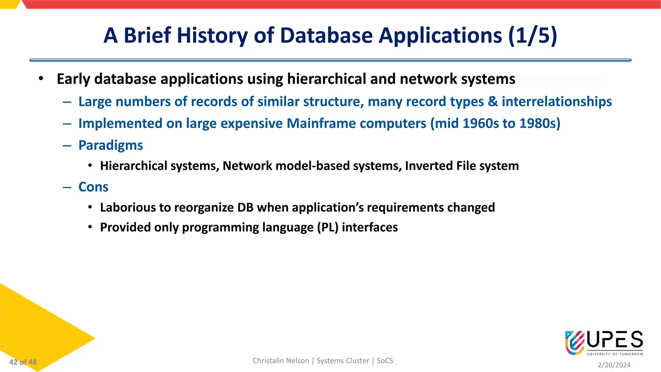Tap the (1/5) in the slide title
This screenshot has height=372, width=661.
[x=533, y=36]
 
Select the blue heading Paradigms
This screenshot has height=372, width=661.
[x=111, y=145]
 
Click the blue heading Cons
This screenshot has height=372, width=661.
[x=93, y=187]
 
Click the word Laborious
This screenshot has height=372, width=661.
[x=128, y=208]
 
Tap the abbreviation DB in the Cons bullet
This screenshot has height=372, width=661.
[x=245, y=208]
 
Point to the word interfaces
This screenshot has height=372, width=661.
[x=370, y=228]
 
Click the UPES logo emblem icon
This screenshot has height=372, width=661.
[x=575, y=342]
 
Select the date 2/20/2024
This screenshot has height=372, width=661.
[x=614, y=365]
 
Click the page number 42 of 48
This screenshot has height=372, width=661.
[x=23, y=362]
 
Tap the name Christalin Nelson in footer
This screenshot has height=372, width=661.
[x=280, y=361]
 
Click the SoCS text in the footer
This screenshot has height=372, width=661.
[x=385, y=361]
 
